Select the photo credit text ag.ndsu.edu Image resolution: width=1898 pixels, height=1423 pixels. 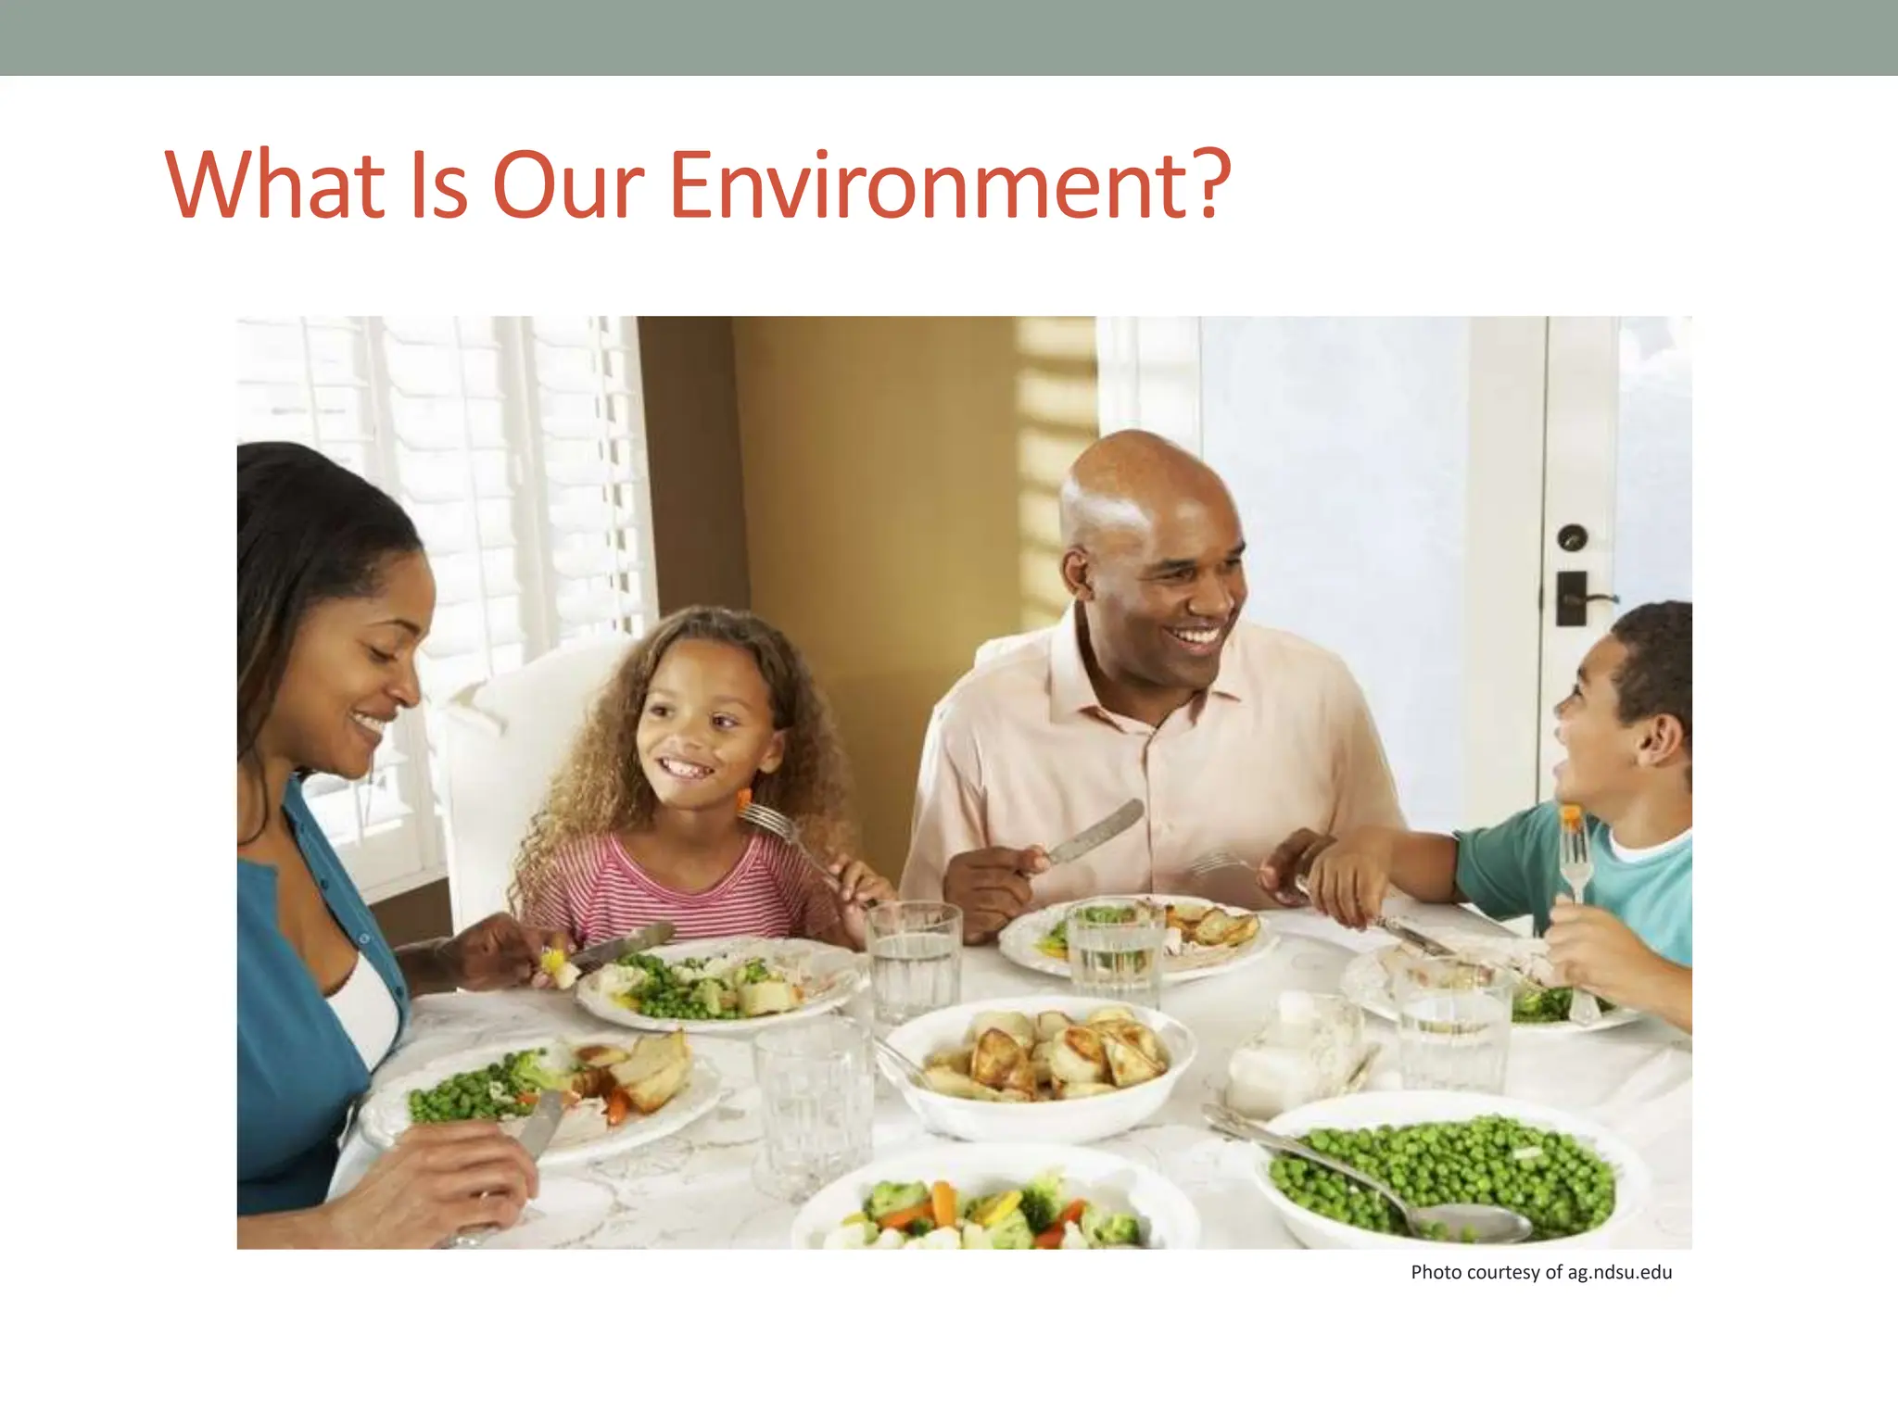tap(1619, 1272)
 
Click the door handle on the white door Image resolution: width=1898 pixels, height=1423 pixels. tap(1580, 598)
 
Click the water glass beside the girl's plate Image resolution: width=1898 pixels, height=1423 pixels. tap(913, 959)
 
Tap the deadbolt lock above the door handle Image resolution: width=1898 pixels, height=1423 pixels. tap(1573, 537)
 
